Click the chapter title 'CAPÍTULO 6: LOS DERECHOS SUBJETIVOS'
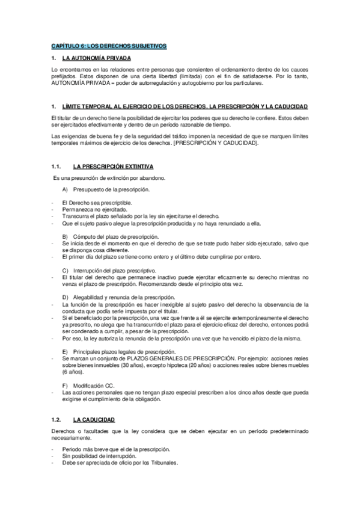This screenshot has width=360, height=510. [x=108, y=46]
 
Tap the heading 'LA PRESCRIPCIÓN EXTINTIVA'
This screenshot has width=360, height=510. [x=112, y=165]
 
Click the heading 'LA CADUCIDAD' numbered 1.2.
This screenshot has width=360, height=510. [x=93, y=419]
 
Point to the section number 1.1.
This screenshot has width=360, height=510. [x=57, y=165]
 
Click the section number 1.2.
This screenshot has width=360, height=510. [x=57, y=419]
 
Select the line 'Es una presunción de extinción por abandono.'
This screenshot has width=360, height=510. [x=110, y=178]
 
